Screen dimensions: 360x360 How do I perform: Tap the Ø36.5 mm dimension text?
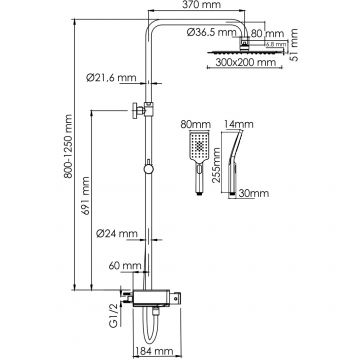pos(212,33)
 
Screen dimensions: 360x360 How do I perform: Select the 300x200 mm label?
pos(246,62)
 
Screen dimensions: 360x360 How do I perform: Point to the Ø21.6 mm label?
pos(111,78)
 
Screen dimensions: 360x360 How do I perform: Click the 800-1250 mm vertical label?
pos(68,146)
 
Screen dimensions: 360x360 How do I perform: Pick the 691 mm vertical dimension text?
pos(86,196)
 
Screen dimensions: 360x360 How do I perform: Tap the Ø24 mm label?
pos(117,234)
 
